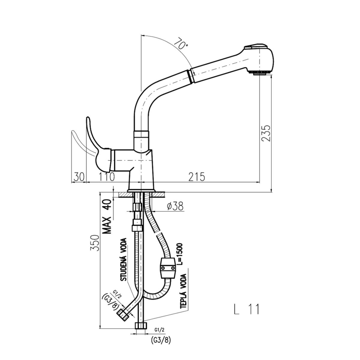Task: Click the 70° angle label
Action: tap(181, 44)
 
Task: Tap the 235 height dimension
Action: tap(266, 133)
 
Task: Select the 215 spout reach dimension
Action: tap(196, 177)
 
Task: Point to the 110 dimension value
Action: tap(106, 177)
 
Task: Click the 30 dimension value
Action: tap(79, 177)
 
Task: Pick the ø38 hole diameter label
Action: tap(176, 206)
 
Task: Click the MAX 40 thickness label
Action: tap(107, 216)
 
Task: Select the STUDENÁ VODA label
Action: tap(124, 260)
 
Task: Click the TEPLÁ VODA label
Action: tap(184, 291)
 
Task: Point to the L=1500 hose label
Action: tap(180, 254)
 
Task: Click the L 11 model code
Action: tap(246, 309)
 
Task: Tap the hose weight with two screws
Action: tap(168, 268)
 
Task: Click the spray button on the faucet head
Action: tap(256, 46)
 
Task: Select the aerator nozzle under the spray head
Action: tap(260, 73)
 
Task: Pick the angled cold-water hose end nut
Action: tap(123, 314)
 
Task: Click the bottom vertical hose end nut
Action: tap(140, 326)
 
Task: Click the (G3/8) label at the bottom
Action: tap(161, 340)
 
